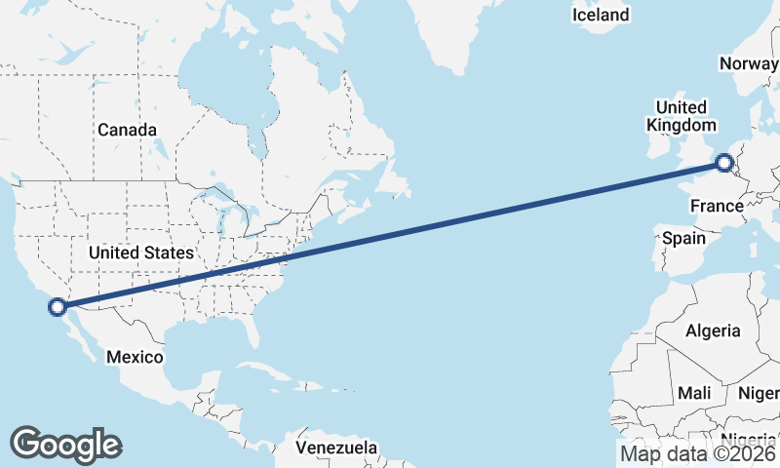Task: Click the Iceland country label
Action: (601, 15)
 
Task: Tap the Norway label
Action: (749, 63)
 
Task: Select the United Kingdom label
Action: (681, 116)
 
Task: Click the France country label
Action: (717, 206)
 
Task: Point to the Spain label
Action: (682, 238)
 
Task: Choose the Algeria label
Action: (713, 331)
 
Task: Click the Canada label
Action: (127, 130)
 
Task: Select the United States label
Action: (140, 253)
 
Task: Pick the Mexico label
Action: (135, 357)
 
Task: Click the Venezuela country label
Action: (336, 448)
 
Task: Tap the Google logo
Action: (65, 444)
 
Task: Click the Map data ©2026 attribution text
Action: (698, 453)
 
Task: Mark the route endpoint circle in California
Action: (58, 307)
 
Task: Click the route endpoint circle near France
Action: (724, 163)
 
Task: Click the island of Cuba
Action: (255, 371)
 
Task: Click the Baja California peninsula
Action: (77, 336)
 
